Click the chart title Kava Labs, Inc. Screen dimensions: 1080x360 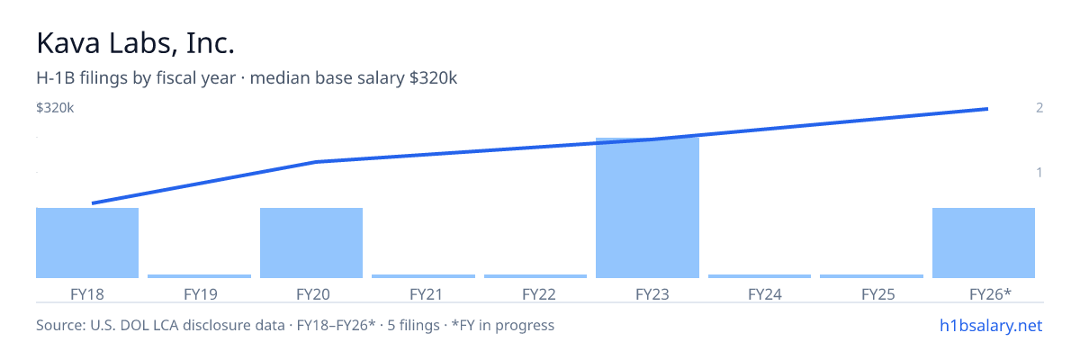coord(136,43)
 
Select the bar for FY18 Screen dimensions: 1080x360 coord(87,243)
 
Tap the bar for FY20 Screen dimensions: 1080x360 coord(311,243)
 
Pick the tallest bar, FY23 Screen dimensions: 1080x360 coord(647,208)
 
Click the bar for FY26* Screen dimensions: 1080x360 coord(984,243)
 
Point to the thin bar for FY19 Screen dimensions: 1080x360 coord(200,276)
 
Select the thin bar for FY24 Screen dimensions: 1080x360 coord(760,276)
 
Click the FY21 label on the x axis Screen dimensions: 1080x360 coord(427,294)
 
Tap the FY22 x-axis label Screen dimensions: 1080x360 coord(539,294)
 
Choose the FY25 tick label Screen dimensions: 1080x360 coord(878,294)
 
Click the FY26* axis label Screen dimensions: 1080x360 coord(990,293)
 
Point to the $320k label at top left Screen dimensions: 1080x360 coord(55,107)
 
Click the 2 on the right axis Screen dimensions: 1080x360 coord(1039,107)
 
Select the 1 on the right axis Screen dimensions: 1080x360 coord(1039,172)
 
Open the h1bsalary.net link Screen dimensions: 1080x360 coord(991,325)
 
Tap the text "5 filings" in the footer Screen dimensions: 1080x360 coord(413,325)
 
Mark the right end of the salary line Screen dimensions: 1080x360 coord(988,109)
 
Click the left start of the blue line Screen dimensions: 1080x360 coord(92,203)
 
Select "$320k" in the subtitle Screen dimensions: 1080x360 coord(433,78)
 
